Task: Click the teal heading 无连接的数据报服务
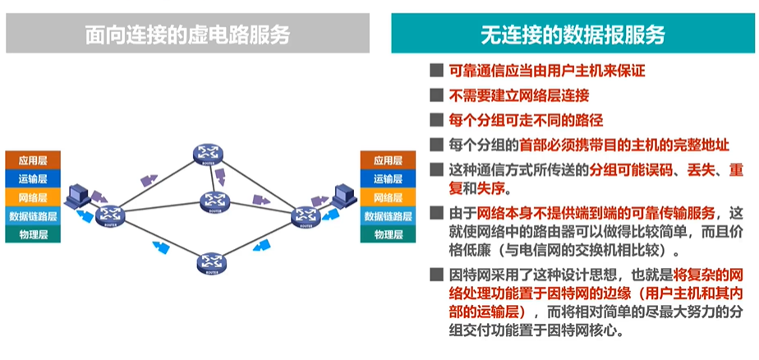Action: pos(573,35)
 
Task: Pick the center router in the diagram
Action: pos(212,201)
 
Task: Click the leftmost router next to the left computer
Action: pos(108,215)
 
